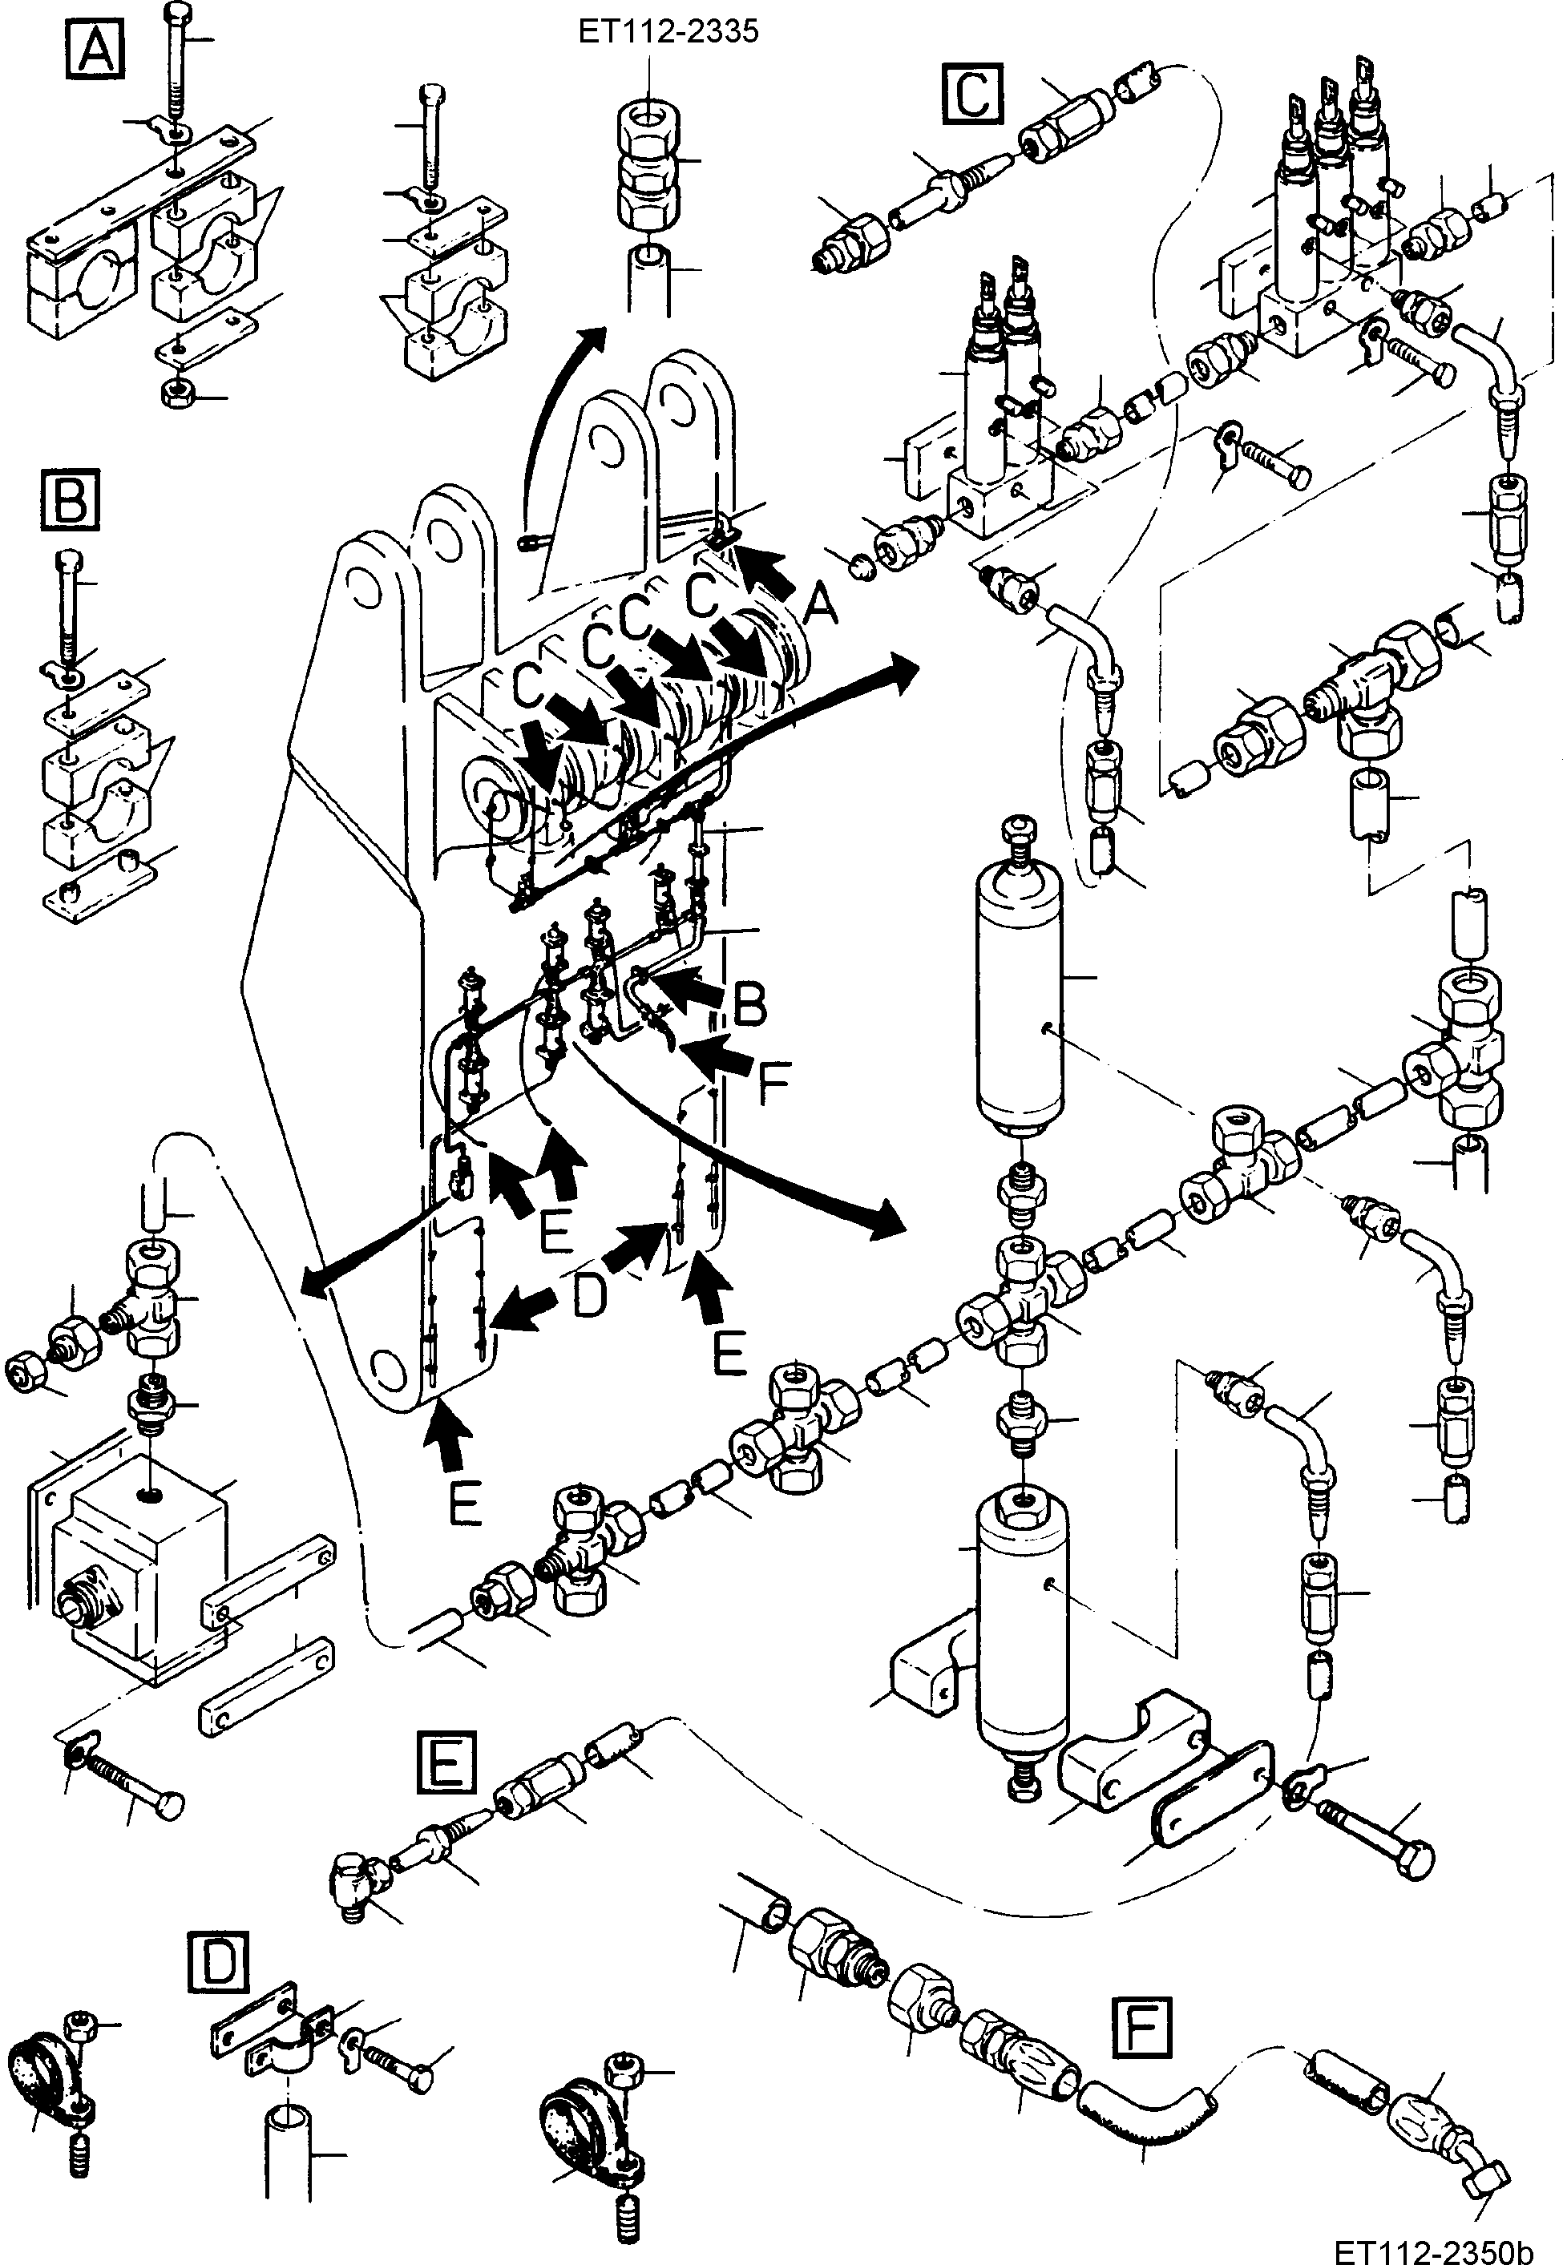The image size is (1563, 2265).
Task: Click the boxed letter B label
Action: (71, 500)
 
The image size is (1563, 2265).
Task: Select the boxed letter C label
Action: (971, 93)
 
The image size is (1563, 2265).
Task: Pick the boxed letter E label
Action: (446, 1762)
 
